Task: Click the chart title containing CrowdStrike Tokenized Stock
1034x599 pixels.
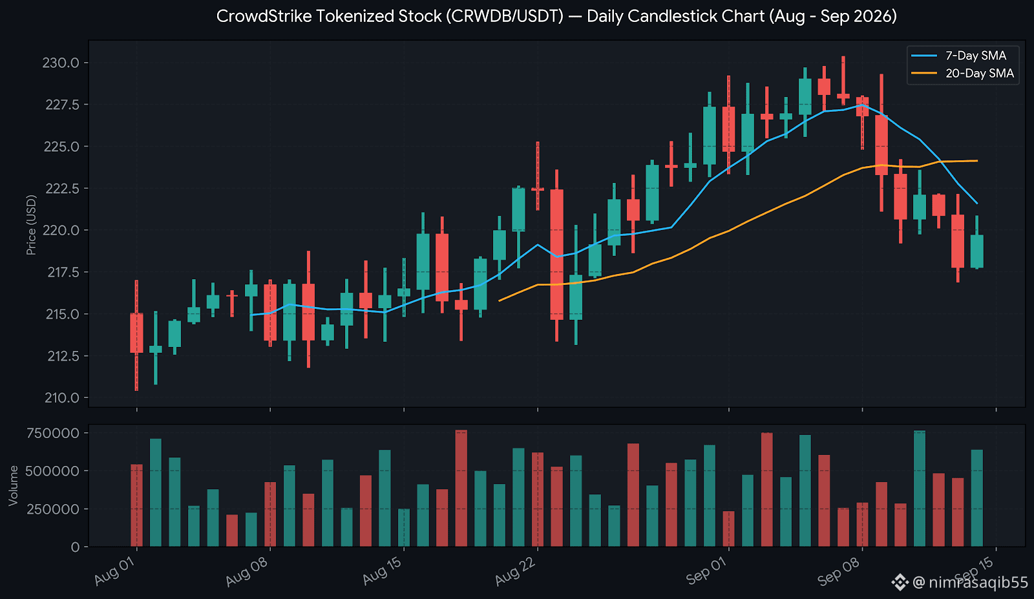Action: [x=556, y=17]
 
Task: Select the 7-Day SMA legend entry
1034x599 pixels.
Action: [x=962, y=56]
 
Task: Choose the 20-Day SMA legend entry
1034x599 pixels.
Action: [x=962, y=74]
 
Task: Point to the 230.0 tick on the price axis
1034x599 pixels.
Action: [x=61, y=63]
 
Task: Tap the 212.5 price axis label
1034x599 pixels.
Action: [x=63, y=356]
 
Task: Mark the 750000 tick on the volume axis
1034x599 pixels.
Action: [x=53, y=433]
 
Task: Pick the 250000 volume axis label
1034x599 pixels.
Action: [x=53, y=509]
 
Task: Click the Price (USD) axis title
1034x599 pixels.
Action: [x=31, y=225]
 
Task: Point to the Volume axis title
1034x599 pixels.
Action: [x=13, y=485]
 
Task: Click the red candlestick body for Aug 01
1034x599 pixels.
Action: [x=136, y=333]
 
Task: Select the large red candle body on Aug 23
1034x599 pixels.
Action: [x=556, y=255]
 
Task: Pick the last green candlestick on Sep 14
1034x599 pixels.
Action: [x=976, y=251]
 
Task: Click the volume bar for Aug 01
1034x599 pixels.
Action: [x=136, y=505]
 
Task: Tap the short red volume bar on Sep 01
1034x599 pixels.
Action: [x=729, y=529]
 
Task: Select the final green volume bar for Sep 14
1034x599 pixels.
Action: [x=976, y=498]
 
